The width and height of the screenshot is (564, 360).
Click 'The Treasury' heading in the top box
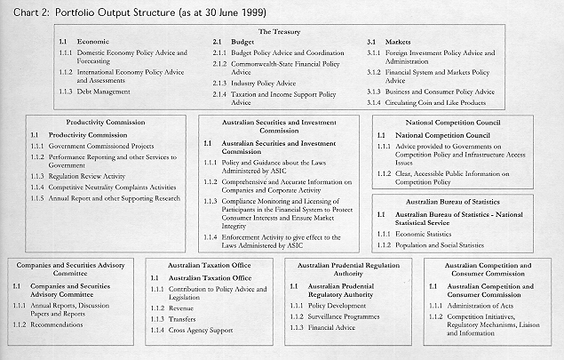coord(280,31)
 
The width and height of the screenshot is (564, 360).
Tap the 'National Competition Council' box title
coord(465,121)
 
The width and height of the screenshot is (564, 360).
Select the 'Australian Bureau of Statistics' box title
coord(465,202)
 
